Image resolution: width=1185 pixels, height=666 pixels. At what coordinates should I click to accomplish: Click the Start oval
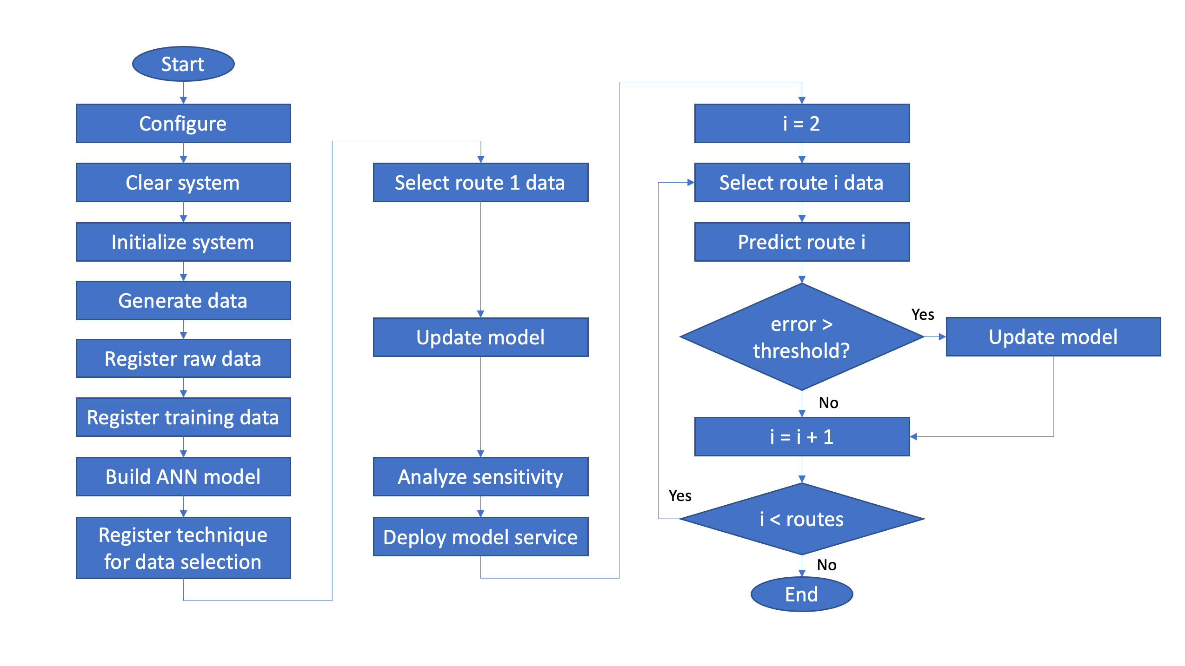click(183, 64)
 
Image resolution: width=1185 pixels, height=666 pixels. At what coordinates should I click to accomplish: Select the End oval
click(802, 594)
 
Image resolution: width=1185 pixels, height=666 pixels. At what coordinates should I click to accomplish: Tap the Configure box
click(183, 123)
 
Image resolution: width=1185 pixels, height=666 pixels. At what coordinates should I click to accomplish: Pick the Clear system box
click(183, 182)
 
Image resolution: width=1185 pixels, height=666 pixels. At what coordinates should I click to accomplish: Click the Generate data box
click(183, 300)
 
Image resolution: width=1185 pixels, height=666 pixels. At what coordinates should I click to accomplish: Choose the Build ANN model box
click(183, 476)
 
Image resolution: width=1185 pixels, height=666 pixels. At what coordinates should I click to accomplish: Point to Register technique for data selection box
click(183, 548)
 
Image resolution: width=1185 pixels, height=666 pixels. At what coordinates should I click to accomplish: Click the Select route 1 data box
click(480, 182)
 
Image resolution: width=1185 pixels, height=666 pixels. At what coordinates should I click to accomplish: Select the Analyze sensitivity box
click(480, 476)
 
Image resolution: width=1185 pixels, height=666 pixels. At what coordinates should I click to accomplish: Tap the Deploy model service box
click(480, 536)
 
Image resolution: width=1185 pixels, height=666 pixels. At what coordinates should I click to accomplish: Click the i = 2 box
click(802, 123)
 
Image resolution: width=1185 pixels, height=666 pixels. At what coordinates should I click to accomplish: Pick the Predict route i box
click(802, 242)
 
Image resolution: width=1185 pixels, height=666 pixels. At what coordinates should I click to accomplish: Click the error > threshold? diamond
click(802, 336)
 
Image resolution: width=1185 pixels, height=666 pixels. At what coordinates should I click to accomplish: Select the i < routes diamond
click(802, 519)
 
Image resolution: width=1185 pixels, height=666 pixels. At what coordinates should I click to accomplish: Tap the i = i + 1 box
click(802, 436)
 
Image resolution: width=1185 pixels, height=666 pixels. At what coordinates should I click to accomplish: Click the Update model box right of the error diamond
click(1053, 336)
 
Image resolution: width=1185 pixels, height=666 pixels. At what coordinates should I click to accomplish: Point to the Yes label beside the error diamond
click(923, 315)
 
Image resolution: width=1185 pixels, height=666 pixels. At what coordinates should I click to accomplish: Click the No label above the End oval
click(827, 565)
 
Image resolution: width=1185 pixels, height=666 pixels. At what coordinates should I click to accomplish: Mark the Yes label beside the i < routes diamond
click(680, 496)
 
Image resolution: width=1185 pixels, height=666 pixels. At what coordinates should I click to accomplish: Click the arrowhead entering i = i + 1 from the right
click(913, 436)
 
